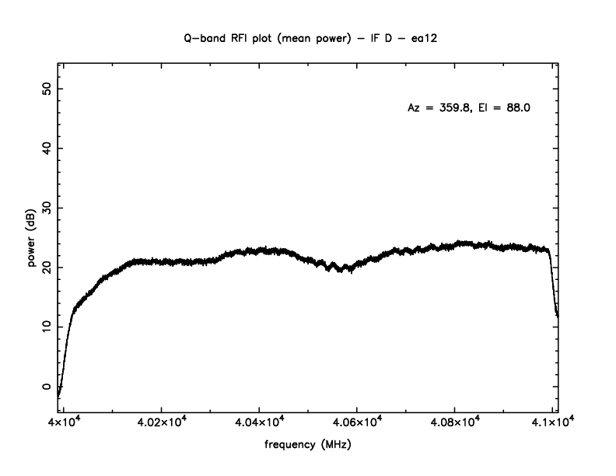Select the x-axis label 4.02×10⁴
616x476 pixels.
(x=161, y=424)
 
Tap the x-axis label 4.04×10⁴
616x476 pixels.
(x=259, y=424)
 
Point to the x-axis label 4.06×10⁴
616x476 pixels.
(x=356, y=424)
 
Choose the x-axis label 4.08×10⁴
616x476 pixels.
(x=454, y=424)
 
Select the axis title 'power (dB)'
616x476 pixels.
(x=32, y=242)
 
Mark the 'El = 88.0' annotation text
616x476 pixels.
(x=502, y=108)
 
